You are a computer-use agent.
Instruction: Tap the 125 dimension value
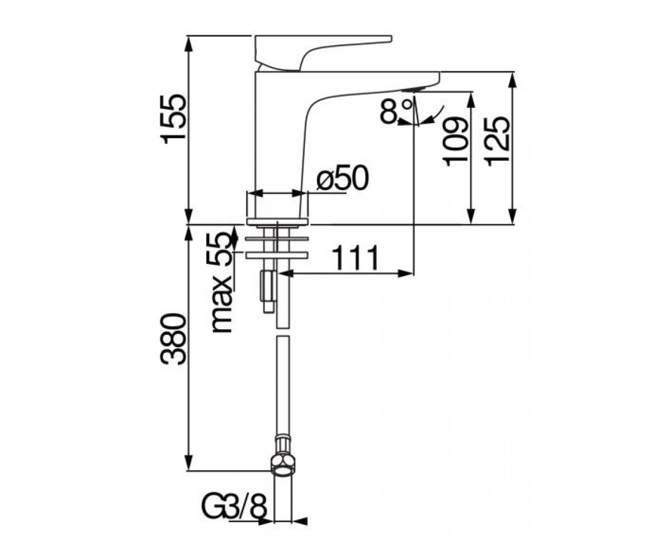pyautogui.click(x=498, y=141)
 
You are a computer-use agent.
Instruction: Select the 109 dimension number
pyautogui.click(x=455, y=141)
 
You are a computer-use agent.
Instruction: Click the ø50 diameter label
pyautogui.click(x=343, y=178)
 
